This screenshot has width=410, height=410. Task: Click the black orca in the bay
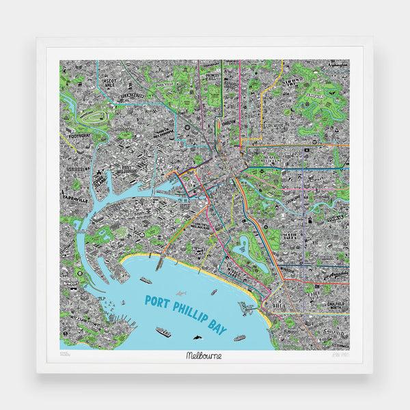197,336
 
